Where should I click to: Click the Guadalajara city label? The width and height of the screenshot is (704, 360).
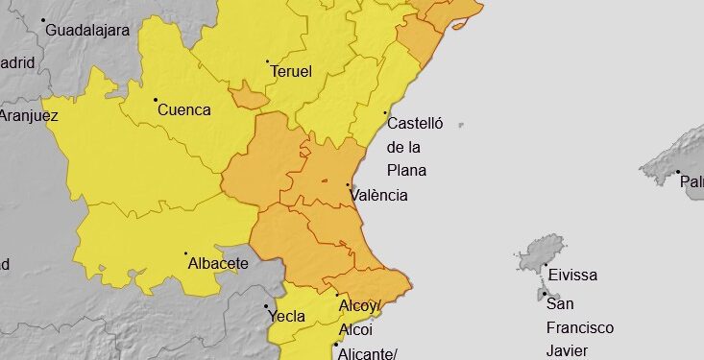pos(88,30)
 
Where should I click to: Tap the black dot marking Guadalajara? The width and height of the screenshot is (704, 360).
pos(43,19)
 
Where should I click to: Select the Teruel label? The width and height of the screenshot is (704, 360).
pos(291,72)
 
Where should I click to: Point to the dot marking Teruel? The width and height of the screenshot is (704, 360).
pos(267,61)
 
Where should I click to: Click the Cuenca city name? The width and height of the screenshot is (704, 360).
pos(183,109)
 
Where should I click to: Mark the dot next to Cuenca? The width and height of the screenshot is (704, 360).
pos(156,99)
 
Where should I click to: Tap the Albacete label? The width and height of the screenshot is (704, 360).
pos(218,263)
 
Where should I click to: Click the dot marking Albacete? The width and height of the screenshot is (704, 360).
pos(186,253)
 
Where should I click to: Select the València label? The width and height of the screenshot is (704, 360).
pos(379,195)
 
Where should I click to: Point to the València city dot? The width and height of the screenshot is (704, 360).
pos(348,185)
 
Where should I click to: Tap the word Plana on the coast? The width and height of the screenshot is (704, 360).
pos(406,171)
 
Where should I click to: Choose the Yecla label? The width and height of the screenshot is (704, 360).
pos(287,316)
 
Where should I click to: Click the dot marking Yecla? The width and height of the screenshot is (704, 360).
pos(266,306)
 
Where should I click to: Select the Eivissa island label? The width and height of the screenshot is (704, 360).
pos(572,276)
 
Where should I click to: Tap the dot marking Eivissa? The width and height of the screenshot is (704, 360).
pos(546,265)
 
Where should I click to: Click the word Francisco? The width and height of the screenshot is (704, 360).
pos(581,327)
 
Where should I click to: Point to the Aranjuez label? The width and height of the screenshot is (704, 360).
pos(29,116)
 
